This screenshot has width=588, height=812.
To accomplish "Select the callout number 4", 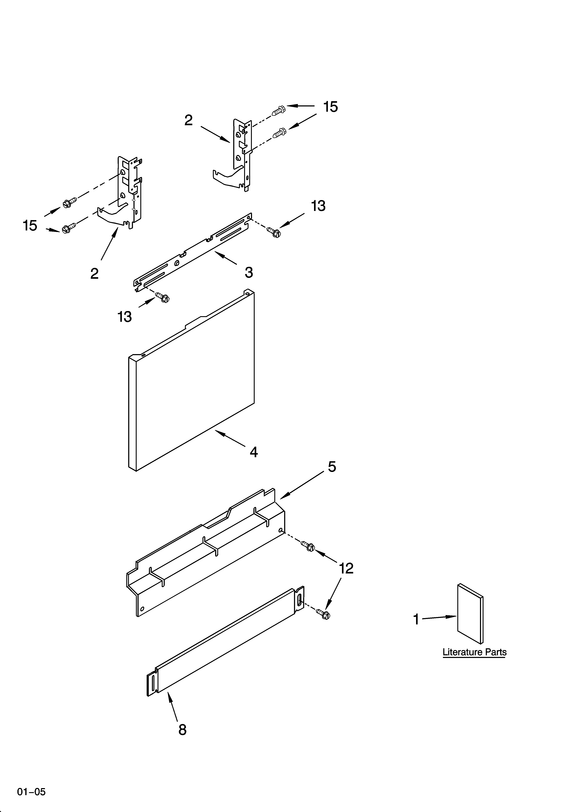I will [x=254, y=452].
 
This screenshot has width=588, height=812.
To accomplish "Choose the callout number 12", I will [x=346, y=569].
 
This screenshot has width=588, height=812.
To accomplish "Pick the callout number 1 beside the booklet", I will [x=416, y=619].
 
